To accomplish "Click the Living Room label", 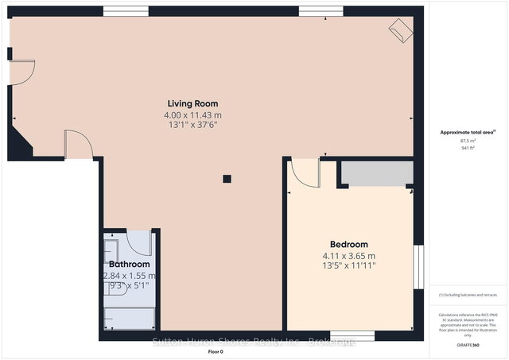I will click(x=192, y=103).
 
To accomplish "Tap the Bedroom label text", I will click(x=349, y=244).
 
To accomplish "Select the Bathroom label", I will click(x=130, y=264).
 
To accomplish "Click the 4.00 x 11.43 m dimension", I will click(x=192, y=115).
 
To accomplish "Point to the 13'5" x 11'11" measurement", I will click(x=349, y=267).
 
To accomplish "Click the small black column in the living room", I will click(x=227, y=179).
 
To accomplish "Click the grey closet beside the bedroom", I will click(x=376, y=174).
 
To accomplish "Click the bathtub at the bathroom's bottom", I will click(x=130, y=319).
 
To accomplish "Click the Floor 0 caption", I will click(x=216, y=350).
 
